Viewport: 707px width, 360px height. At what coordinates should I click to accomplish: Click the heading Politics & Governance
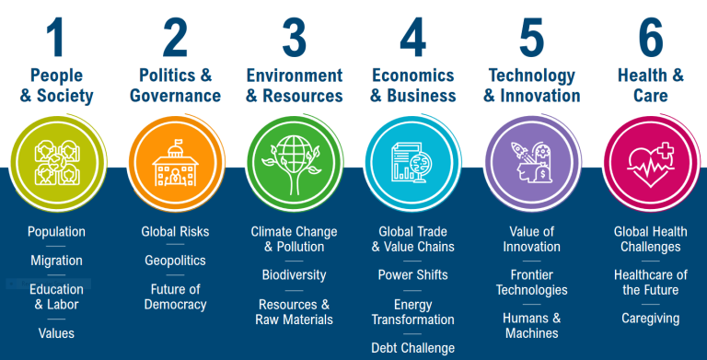tap(175, 85)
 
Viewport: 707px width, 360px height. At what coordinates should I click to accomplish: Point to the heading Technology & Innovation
tap(532, 85)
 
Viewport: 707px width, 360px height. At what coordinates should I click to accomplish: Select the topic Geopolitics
tap(175, 261)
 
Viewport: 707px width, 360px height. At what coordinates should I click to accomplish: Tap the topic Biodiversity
tap(294, 274)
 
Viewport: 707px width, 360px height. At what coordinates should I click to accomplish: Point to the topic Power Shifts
tap(413, 274)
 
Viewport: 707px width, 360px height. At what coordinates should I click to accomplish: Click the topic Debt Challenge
tap(413, 348)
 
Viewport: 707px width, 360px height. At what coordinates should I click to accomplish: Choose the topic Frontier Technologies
tap(532, 282)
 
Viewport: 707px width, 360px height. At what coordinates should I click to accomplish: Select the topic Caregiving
tap(651, 319)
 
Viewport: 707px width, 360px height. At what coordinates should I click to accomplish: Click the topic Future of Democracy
tap(175, 296)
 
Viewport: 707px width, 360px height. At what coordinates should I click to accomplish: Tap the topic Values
tap(56, 332)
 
